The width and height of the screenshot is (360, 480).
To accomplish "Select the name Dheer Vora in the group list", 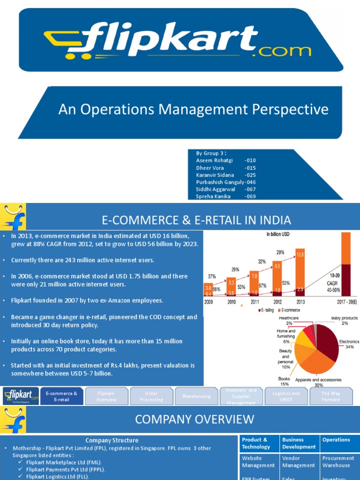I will pyautogui.click(x=210, y=168).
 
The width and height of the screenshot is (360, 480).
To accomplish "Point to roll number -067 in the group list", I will pyautogui.click(x=250, y=189).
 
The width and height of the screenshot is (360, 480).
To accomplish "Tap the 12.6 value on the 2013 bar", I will pyautogui.click(x=300, y=255).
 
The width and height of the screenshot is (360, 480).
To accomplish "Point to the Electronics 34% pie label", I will pyautogui.click(x=349, y=344).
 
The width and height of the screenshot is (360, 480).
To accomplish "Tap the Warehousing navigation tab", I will pyautogui.click(x=196, y=397).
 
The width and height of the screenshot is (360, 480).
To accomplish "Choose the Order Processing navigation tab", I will pyautogui.click(x=151, y=397).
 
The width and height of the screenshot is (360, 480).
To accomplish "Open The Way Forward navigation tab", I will pyautogui.click(x=331, y=397).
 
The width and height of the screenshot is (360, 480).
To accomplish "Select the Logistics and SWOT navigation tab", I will pyautogui.click(x=286, y=397).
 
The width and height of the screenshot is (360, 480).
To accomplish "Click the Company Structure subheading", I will pyautogui.click(x=112, y=440).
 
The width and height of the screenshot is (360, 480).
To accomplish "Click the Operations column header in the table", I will pyautogui.click(x=336, y=440).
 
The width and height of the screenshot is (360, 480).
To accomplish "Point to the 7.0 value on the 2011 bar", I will pyautogui.click(x=254, y=277).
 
